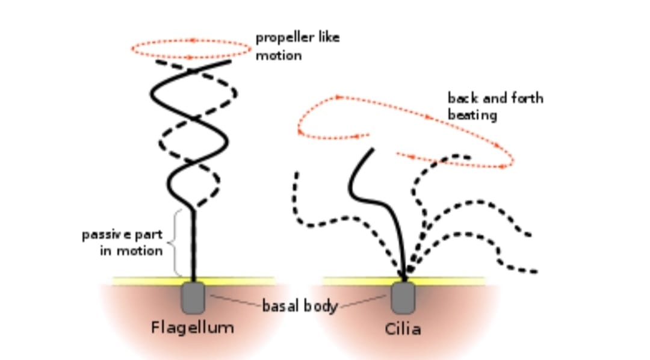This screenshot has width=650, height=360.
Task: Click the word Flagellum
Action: [x=192, y=328]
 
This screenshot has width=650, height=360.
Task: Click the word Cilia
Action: [x=403, y=329]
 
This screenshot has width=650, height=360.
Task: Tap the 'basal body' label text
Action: [x=299, y=306]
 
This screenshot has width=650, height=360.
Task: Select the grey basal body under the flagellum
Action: [x=193, y=297]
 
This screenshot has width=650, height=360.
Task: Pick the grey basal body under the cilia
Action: [x=403, y=297]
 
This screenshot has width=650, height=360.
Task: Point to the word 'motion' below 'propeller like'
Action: [x=278, y=55]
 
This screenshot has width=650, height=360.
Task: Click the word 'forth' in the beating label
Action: [x=527, y=98]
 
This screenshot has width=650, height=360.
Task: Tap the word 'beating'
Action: [x=472, y=114]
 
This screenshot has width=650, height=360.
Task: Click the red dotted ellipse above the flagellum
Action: [x=191, y=40]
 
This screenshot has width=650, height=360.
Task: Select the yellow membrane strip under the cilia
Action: [x=445, y=281]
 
